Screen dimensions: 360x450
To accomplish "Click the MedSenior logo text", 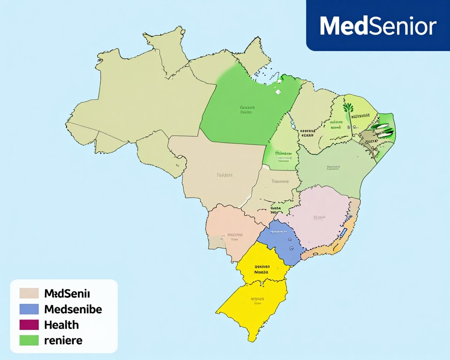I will click(x=378, y=26).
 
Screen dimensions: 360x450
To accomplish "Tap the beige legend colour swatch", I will click(x=29, y=293).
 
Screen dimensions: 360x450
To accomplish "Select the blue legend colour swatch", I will click(x=29, y=309).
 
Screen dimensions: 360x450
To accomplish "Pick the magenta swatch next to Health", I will click(x=29, y=325).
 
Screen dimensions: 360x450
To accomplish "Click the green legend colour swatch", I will click(x=29, y=340).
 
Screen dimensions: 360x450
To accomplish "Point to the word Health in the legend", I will click(x=61, y=325).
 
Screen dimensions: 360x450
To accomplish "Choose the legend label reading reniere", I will click(x=63, y=340).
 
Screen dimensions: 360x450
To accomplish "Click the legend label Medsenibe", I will click(x=73, y=309).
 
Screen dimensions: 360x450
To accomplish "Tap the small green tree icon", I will click(x=348, y=108).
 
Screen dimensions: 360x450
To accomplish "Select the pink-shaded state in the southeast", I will click(x=319, y=218).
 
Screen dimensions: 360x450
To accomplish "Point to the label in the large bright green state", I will click(x=247, y=109).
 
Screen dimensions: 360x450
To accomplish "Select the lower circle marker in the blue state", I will click(x=291, y=248).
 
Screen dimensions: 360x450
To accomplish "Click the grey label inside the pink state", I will click(x=320, y=217).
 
